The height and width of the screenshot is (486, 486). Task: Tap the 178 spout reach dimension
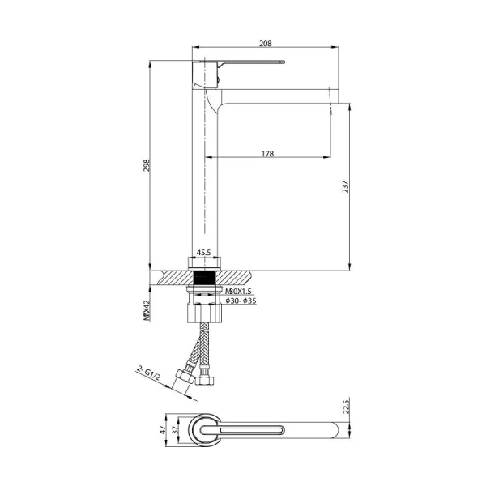coord(268,152)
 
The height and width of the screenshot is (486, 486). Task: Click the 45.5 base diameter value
coord(204,253)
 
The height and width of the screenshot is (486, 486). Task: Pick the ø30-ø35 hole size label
coord(241,301)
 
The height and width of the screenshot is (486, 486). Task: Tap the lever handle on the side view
coord(243,62)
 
